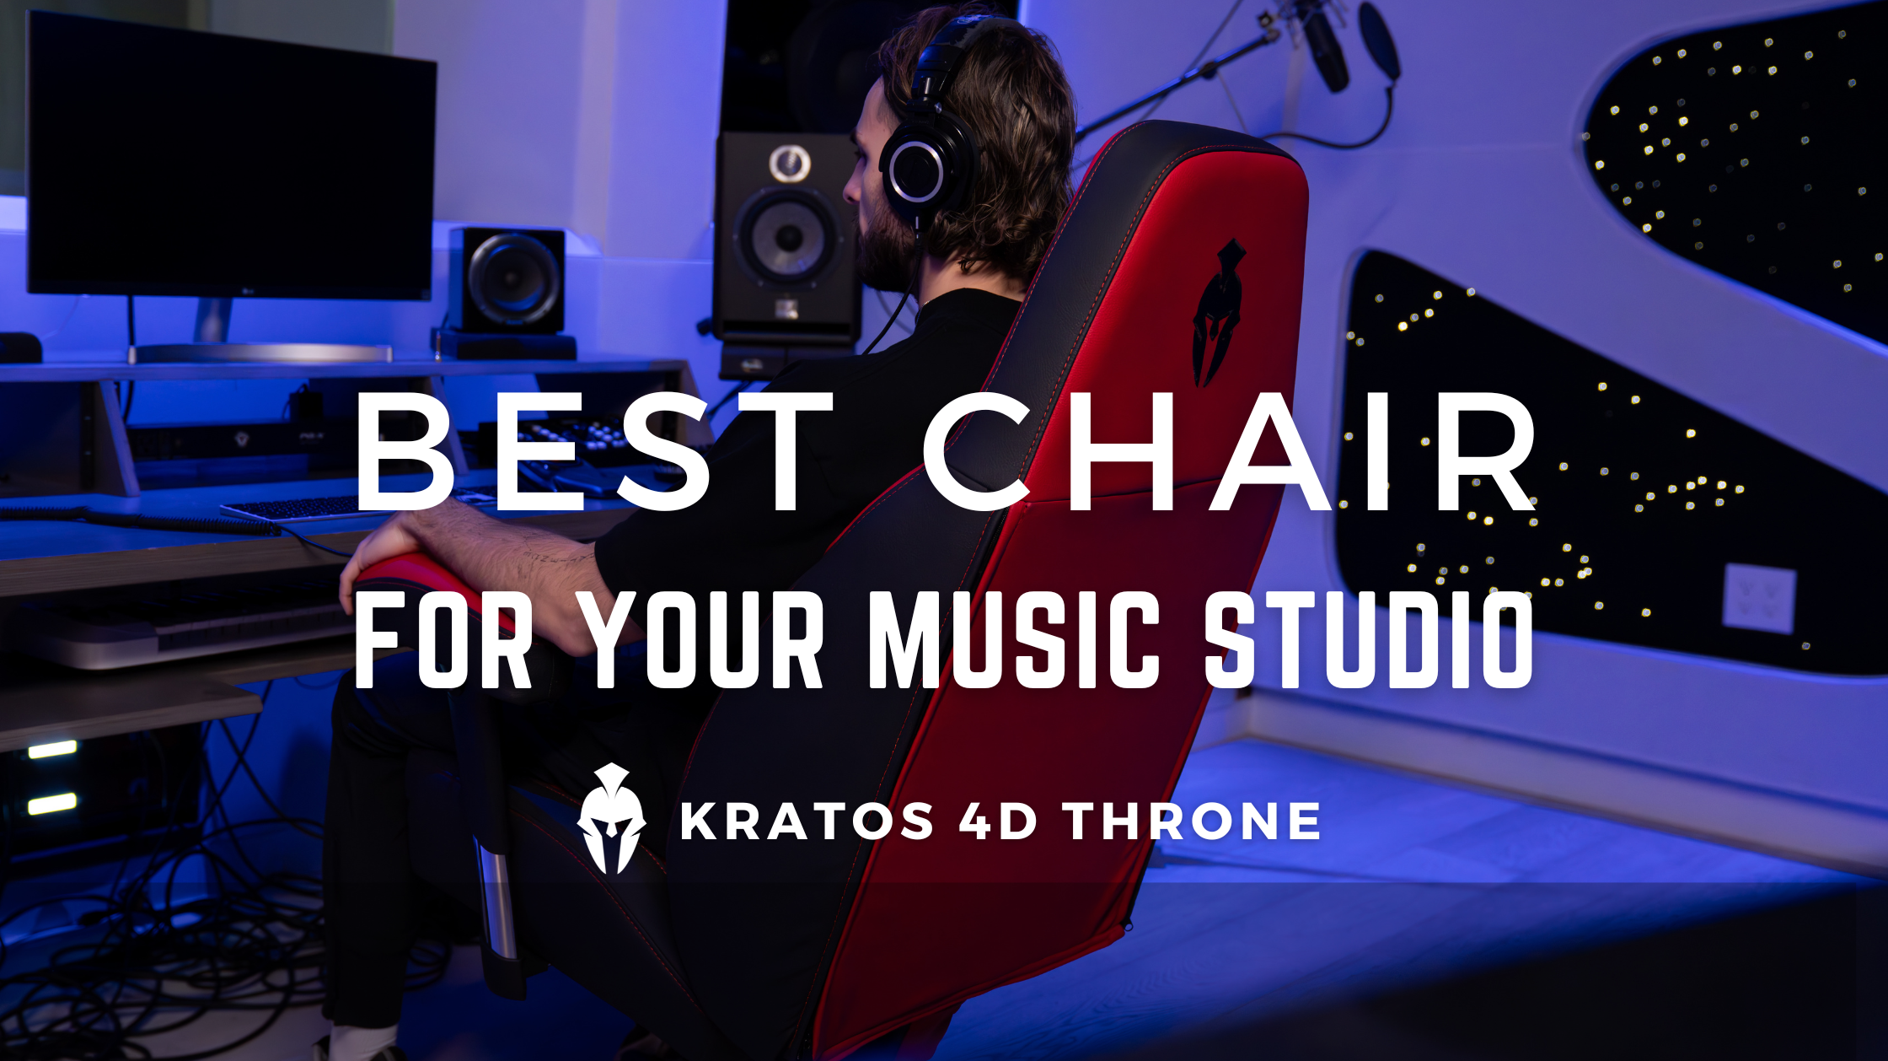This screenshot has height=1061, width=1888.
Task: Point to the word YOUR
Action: [703, 641]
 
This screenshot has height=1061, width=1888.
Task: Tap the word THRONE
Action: [1192, 821]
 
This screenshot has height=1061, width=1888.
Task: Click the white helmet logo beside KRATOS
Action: [612, 818]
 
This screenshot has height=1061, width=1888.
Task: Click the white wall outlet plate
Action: [1759, 598]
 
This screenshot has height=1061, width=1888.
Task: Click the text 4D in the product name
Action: [998, 821]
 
